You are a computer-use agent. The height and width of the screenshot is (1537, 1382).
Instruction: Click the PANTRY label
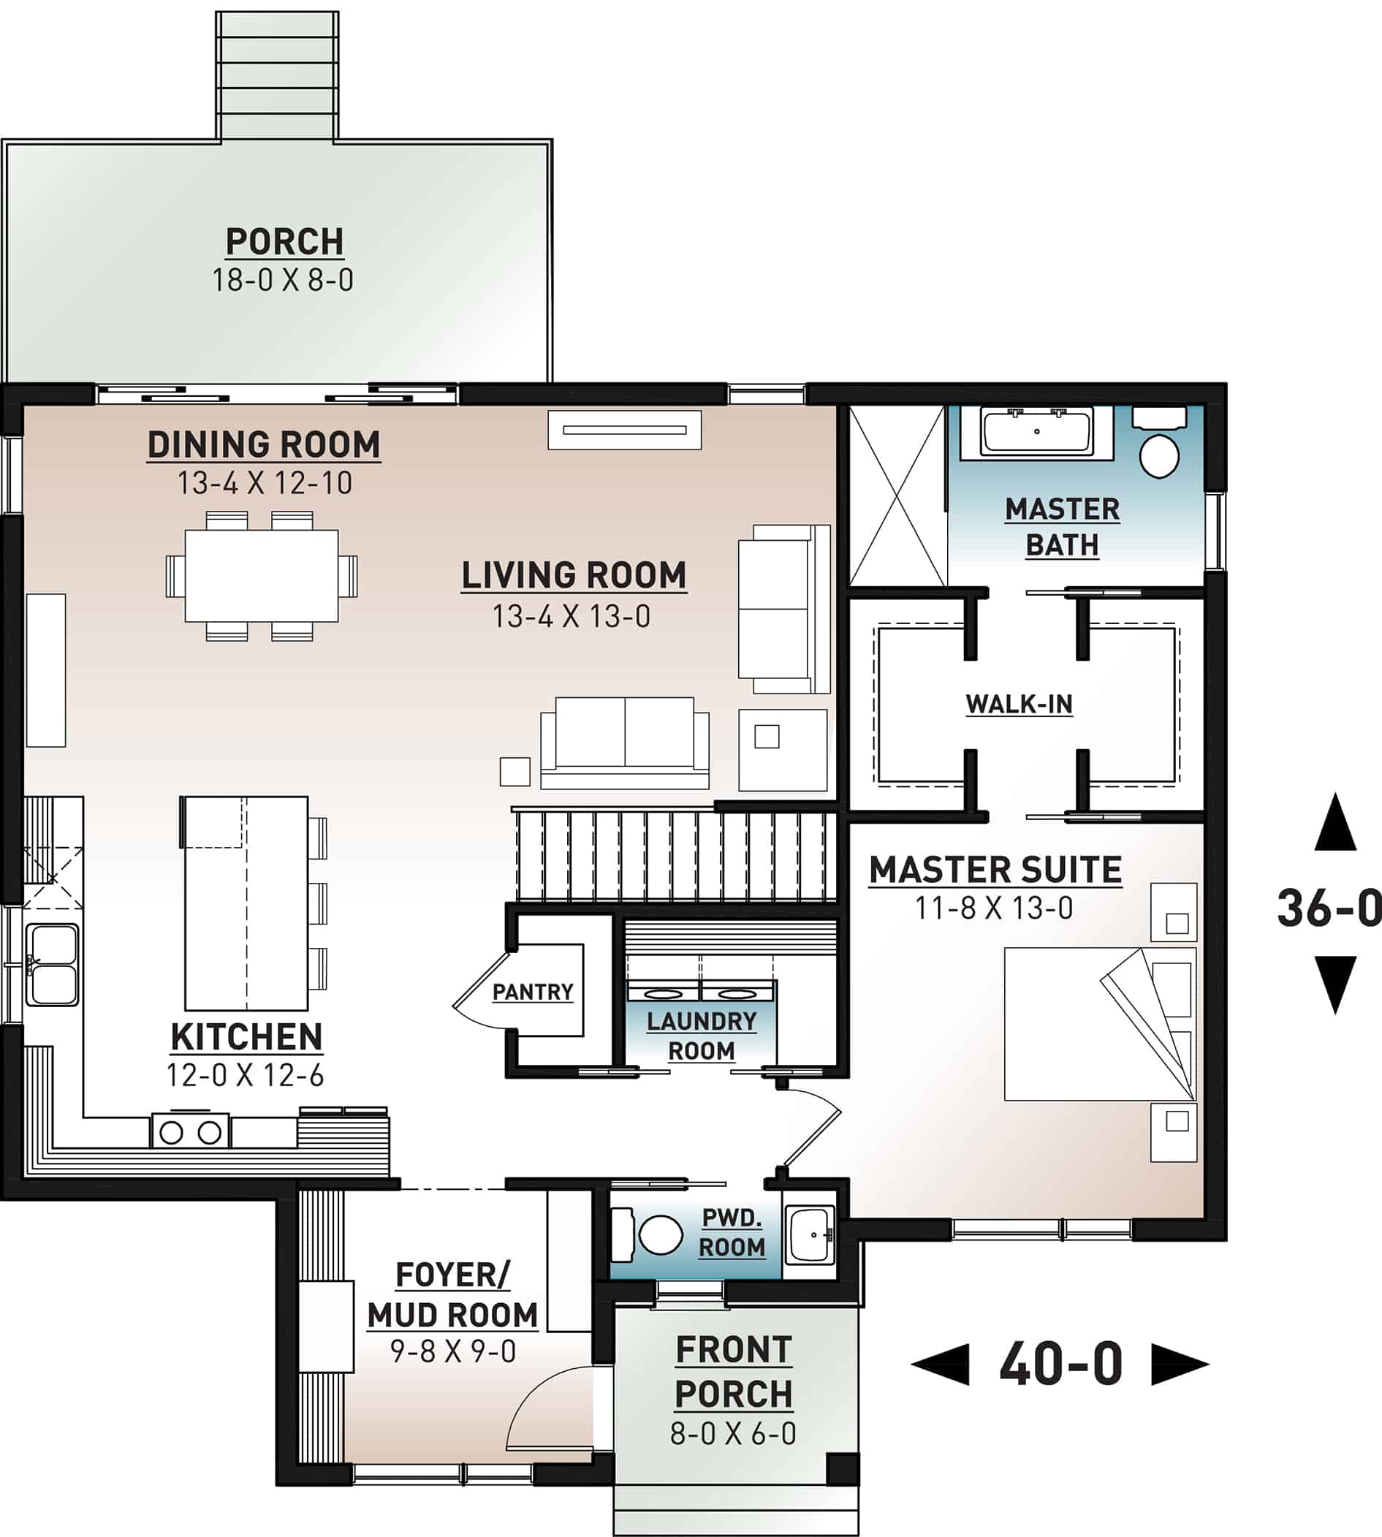pos(532,992)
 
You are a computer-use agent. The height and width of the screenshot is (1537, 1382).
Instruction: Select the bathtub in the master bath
pos(1037,431)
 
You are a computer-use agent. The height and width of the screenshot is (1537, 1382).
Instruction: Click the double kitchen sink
pos(52,965)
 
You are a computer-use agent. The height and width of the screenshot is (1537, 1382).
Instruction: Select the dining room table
pos(261,576)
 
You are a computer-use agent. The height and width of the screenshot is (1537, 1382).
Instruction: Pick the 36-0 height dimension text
pos(1327,908)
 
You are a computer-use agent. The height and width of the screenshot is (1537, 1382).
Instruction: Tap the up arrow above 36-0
pos(1335,822)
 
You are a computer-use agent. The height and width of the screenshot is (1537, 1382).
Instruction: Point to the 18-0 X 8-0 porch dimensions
pos(283,280)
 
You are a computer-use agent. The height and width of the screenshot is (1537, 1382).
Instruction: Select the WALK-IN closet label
pos(1019,704)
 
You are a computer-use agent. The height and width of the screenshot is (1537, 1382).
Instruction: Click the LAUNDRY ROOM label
pos(701,1036)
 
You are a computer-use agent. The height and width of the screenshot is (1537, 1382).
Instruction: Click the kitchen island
pos(246,903)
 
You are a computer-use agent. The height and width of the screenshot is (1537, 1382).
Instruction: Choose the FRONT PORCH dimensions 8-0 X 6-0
pos(733,1434)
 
